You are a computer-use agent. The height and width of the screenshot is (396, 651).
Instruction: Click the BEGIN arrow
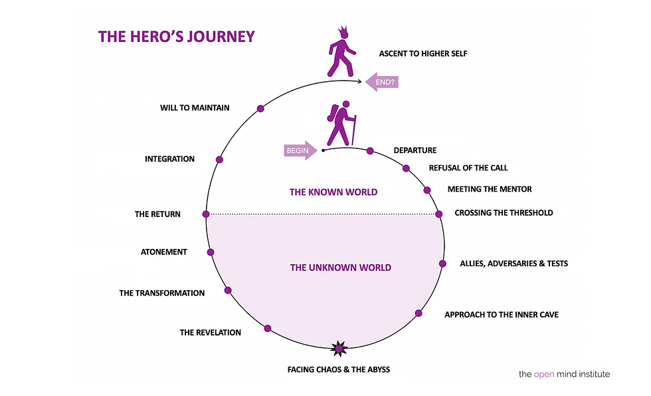click(300, 150)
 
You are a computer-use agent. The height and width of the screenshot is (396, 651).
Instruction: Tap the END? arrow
click(382, 82)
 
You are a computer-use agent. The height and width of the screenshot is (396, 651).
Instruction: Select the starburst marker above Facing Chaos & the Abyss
click(339, 348)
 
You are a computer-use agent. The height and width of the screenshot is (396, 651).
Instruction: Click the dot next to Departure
click(370, 150)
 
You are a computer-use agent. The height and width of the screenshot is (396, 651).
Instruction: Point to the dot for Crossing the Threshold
click(438, 214)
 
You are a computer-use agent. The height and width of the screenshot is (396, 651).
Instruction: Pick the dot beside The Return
click(206, 214)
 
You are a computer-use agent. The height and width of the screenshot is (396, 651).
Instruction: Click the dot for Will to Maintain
click(260, 108)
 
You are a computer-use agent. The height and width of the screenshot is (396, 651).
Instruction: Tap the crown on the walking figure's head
click(343, 32)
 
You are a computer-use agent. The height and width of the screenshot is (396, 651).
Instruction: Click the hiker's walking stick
click(354, 130)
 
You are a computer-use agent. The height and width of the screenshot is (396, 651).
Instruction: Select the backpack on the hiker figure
click(332, 112)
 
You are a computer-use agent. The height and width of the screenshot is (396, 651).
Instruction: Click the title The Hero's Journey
click(177, 37)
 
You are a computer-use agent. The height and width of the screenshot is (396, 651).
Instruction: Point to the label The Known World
click(333, 192)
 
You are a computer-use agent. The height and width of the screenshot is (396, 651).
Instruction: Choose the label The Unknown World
click(340, 268)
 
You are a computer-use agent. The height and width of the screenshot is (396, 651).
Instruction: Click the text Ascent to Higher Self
click(423, 54)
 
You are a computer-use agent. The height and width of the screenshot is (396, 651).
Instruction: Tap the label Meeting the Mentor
click(490, 189)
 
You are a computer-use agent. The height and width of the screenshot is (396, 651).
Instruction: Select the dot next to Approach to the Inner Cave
click(418, 313)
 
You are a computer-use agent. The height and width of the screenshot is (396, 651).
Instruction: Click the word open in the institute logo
click(544, 374)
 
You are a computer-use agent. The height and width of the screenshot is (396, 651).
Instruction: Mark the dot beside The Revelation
click(268, 328)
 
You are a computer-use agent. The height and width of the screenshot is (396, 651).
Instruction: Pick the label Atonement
click(163, 252)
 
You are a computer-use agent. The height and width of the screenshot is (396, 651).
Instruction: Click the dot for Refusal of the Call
click(406, 168)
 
